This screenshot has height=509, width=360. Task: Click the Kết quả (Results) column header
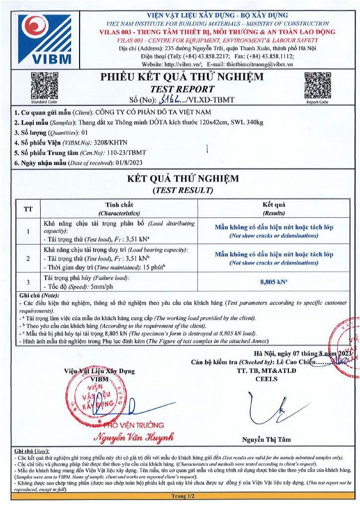pyautogui.click(x=274, y=208)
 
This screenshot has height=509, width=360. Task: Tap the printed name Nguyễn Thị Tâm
pyautogui.click(x=267, y=439)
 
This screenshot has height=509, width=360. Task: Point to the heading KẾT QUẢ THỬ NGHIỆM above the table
pyautogui.click(x=182, y=178)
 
